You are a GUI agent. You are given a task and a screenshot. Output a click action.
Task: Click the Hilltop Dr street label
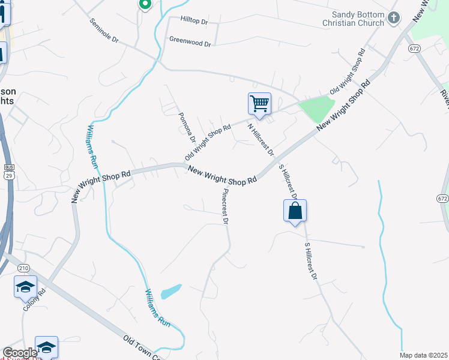point(193,21)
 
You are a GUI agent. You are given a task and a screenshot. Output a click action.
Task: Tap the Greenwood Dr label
point(190,43)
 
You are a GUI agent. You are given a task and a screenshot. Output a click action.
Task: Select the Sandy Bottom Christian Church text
point(358,19)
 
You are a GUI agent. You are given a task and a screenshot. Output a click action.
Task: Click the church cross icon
point(394,17)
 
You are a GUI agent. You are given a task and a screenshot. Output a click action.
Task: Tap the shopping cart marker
point(259,104)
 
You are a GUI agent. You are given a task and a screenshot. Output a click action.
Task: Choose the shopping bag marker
point(295,211)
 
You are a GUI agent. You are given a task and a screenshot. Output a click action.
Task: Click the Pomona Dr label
point(187,127)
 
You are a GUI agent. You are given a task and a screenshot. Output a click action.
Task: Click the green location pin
point(144,5)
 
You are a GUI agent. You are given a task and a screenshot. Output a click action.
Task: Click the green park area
point(316,109)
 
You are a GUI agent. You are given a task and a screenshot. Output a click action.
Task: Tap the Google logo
point(19,353)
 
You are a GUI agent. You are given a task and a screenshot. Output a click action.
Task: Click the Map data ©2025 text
point(423,355)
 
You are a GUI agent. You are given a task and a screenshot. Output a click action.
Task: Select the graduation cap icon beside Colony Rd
point(25,287)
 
